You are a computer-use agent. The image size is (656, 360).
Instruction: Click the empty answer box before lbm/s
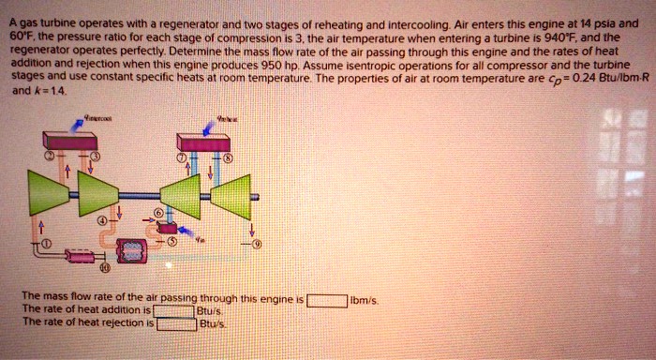325,301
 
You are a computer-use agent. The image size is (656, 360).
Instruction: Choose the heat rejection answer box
177,324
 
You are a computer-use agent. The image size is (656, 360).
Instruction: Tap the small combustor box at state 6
168,228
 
